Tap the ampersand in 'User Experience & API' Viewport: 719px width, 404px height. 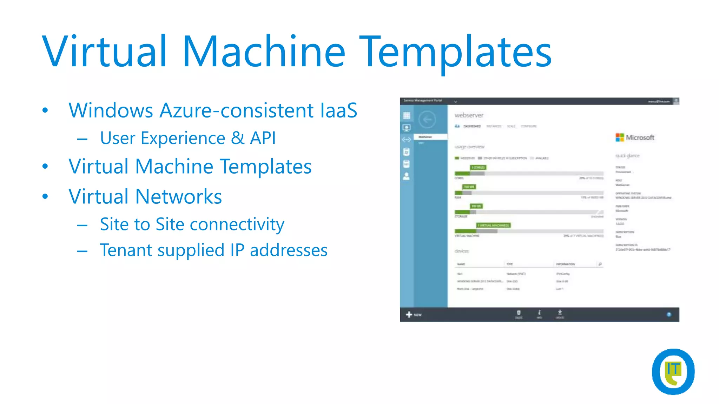tap(238, 138)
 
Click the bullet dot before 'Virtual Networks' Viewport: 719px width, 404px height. tap(45, 196)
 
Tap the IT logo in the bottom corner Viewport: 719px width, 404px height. tap(673, 371)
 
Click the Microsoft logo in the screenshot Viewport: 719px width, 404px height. tap(635, 137)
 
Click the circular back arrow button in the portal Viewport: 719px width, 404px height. tap(427, 120)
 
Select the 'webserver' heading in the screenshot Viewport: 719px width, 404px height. tap(469, 115)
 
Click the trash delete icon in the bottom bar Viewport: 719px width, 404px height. tap(519, 313)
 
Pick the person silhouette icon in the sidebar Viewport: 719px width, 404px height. tap(407, 176)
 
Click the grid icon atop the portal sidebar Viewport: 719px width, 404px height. tap(407, 115)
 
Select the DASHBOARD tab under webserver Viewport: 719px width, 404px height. tap(471, 126)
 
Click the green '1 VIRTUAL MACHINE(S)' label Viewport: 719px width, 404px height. tap(493, 225)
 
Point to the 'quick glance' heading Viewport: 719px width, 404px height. tap(627, 156)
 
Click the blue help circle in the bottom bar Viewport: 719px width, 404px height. tap(669, 315)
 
